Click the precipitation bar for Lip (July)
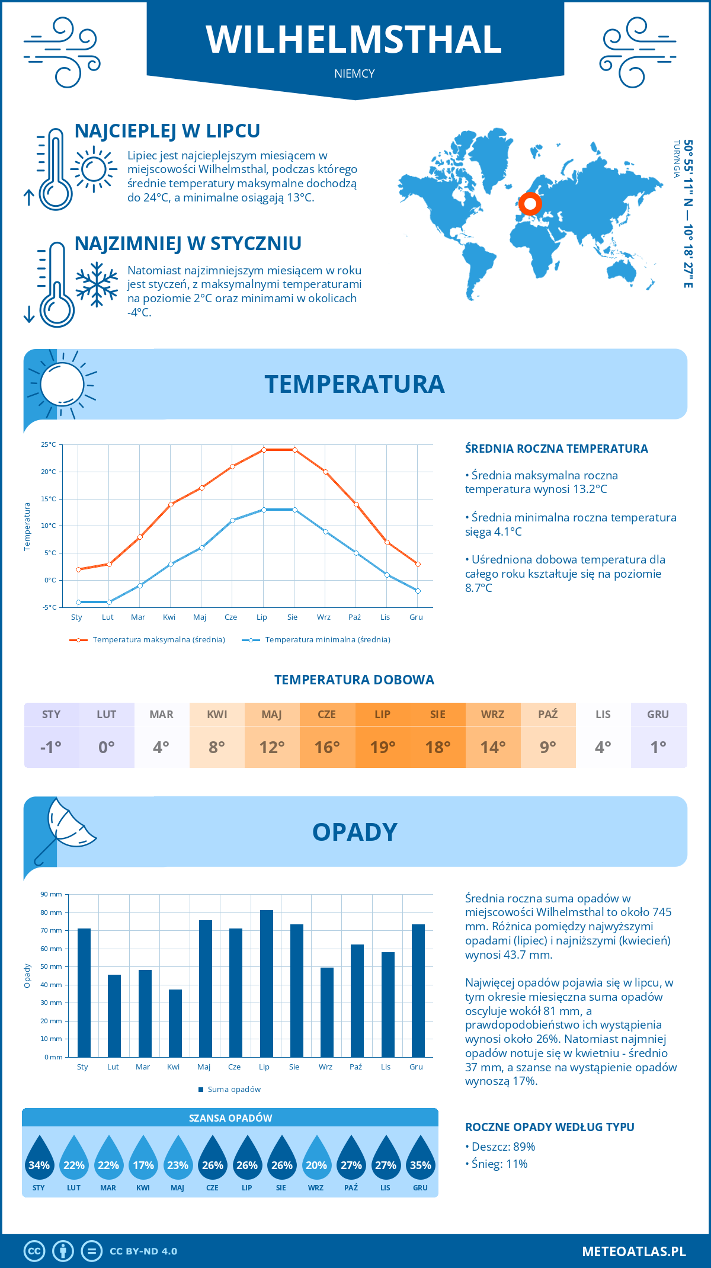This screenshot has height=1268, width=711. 267,984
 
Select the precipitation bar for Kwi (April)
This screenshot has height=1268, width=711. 175,1023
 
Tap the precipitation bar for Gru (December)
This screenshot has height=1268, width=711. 418,991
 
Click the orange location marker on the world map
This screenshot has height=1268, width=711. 530,204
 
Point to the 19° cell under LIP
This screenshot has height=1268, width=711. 383,747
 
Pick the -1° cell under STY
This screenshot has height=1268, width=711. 51,747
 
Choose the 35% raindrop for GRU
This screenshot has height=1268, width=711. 421,1160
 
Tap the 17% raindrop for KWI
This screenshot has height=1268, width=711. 143,1160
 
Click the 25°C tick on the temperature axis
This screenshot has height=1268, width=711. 49,444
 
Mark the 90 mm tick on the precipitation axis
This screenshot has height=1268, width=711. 52,894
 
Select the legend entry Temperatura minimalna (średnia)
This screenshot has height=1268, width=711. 327,640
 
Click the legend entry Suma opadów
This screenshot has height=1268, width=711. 234,1089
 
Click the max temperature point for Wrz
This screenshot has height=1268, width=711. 325,472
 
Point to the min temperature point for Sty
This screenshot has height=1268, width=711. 78,602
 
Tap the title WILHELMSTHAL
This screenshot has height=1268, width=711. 354,40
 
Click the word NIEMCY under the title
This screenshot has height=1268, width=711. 354,73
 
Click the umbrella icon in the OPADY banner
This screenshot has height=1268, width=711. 65,828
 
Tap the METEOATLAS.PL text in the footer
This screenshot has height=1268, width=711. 633,1251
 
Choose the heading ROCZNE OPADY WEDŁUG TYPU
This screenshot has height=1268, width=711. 549,1127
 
